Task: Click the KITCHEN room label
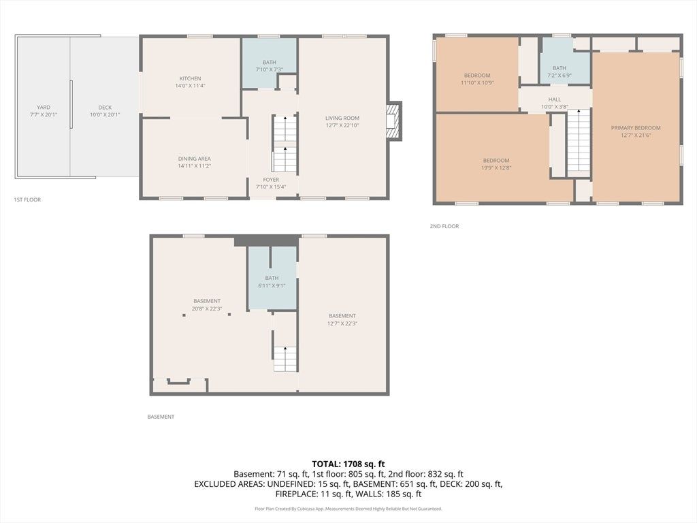click(191, 79)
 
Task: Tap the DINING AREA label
click(194, 159)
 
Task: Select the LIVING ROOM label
click(342, 118)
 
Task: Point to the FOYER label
click(271, 180)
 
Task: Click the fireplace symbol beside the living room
click(394, 121)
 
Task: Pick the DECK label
click(105, 108)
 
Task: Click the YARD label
click(44, 107)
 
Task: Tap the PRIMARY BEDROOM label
click(636, 128)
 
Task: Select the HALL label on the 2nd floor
click(554, 99)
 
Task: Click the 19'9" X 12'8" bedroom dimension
click(496, 168)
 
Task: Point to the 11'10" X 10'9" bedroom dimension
click(477, 82)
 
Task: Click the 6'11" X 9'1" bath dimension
click(272, 285)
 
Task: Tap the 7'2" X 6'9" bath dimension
click(560, 76)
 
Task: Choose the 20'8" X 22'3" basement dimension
click(207, 308)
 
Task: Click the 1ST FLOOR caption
click(27, 200)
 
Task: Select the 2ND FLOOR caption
click(444, 226)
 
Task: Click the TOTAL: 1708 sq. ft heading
click(348, 464)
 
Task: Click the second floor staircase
click(579, 143)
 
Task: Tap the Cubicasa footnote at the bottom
click(348, 509)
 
